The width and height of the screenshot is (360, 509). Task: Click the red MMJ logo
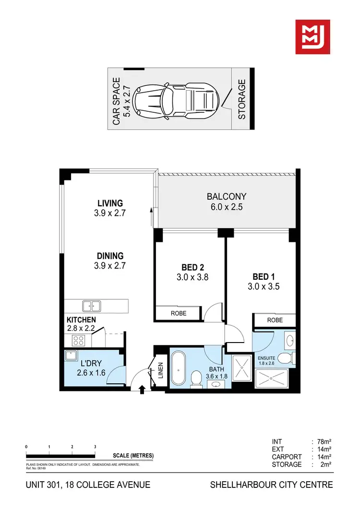312,37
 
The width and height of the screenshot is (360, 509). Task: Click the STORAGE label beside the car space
242,99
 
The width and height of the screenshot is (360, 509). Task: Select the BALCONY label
227,196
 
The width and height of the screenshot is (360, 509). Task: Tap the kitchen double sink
91,306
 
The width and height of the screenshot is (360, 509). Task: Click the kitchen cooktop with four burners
77,340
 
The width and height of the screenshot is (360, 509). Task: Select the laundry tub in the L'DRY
72,356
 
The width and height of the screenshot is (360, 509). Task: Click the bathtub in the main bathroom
179,369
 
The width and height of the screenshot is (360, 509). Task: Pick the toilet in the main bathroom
196,379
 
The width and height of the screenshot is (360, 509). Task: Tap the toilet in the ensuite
286,358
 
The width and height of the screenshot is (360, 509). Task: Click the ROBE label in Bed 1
275,320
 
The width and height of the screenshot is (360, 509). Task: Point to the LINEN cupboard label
160,373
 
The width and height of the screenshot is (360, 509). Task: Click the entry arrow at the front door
142,389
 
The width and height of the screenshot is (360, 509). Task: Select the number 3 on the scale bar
95,447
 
